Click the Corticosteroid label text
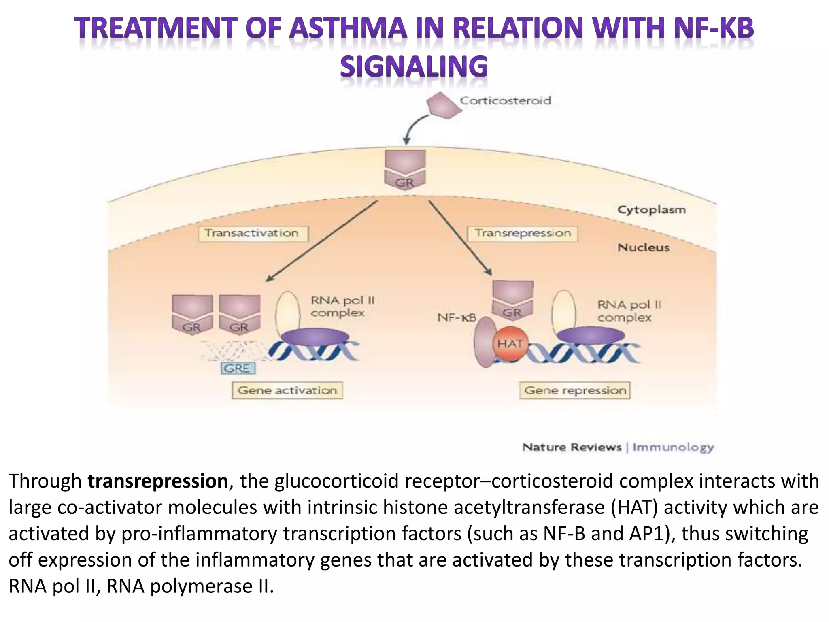[505, 100]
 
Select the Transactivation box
[253, 234]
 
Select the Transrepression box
[523, 234]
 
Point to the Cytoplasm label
[651, 210]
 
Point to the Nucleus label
[643, 247]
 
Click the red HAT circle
[510, 344]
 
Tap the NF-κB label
[457, 318]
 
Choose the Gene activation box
[287, 390]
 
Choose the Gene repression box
[575, 390]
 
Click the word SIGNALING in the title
[414, 67]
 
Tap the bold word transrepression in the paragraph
[158, 481]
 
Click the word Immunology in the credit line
[673, 447]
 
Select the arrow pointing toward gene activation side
[322, 241]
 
